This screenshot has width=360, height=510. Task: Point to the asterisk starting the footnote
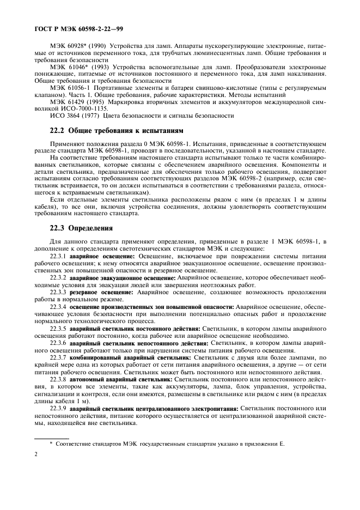(51, 443)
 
